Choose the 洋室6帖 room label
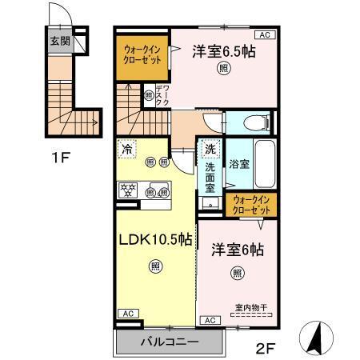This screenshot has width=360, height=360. coord(237,250)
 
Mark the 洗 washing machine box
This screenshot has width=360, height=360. coord(210,149)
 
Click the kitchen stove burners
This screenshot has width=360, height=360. coord(128,191)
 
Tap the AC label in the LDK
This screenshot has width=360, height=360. coord(127,314)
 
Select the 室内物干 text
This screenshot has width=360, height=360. coord(250,306)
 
